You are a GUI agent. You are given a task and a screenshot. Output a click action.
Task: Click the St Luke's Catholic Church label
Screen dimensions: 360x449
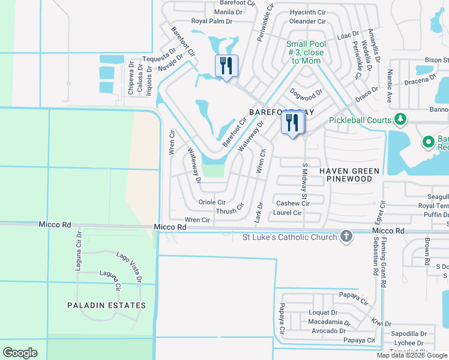pyautogui.click(x=289, y=237)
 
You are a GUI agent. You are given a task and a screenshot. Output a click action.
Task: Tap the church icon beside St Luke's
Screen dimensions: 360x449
pyautogui.click(x=346, y=237)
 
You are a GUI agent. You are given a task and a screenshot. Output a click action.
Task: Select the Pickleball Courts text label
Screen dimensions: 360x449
pyautogui.click(x=360, y=120)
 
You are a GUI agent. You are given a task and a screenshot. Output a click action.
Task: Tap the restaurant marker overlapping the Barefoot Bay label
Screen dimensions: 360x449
pyautogui.click(x=293, y=124)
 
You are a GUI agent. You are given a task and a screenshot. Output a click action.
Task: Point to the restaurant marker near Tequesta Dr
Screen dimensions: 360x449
pyautogui.click(x=226, y=65)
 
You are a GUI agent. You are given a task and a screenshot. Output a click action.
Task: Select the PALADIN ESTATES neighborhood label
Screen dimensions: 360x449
pyautogui.click(x=106, y=305)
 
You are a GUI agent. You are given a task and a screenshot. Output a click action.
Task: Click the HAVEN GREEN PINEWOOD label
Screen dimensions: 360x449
pyautogui.click(x=349, y=175)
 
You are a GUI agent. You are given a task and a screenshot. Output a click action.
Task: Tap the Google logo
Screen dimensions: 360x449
pyautogui.click(x=20, y=353)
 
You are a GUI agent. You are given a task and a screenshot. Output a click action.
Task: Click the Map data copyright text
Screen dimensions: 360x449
pyautogui.click(x=412, y=355)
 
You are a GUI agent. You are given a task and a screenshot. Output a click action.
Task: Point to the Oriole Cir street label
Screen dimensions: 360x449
pyautogui.click(x=211, y=203)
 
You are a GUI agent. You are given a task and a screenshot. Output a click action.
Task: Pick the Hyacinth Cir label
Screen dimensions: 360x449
pyautogui.click(x=307, y=12)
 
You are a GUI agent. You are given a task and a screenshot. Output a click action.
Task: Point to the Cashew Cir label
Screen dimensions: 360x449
pyautogui.click(x=292, y=203)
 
